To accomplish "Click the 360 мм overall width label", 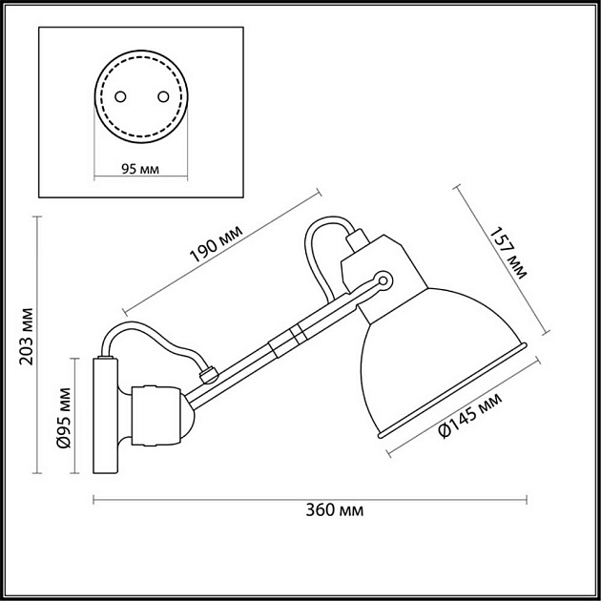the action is (x=334, y=510).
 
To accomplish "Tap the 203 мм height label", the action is (x=28, y=336).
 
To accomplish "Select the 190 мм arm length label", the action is (x=217, y=244).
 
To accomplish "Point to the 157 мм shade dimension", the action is (x=508, y=253).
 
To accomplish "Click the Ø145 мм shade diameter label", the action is (x=470, y=416).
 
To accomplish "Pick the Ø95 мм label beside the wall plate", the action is (x=64, y=418).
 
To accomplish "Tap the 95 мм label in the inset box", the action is (x=140, y=169).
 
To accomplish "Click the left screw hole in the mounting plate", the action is (x=120, y=96).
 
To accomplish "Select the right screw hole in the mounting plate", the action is (x=163, y=96).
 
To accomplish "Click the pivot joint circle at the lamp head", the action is (x=383, y=280).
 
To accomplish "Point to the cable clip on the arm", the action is (x=209, y=374).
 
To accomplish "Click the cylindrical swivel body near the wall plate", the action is (x=155, y=416).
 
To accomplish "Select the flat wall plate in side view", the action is (x=105, y=415).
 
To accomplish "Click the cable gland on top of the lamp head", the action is (x=357, y=240).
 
